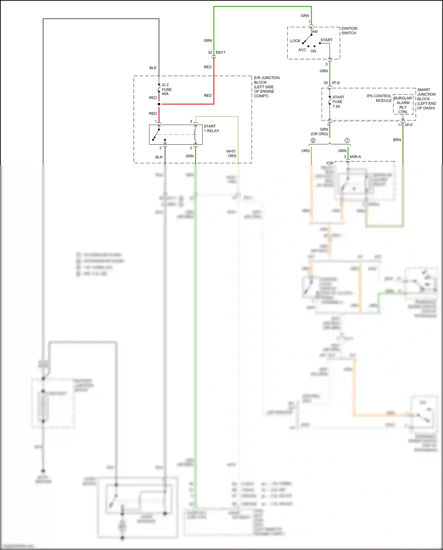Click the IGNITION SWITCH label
coord(349,31)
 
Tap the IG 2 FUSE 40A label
coord(166,89)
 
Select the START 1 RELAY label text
coord(211,129)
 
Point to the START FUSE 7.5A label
coord(338,102)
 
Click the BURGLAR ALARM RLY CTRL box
coord(403,105)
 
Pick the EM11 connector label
coord(220,52)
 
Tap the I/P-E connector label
coord(335,83)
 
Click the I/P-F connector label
coord(409,125)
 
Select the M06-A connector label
coord(355,157)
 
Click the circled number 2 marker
coord(313,140)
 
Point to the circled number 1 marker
coord(347,140)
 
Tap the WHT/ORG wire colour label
coord(231,153)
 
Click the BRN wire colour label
coord(397,140)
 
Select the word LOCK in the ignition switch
coord(295,41)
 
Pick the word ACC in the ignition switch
coord(302,50)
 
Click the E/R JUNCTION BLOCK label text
coord(266,87)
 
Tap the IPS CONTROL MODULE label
coord(379,98)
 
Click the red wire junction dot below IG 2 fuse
coord(159,104)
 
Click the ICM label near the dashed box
coord(330,163)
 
